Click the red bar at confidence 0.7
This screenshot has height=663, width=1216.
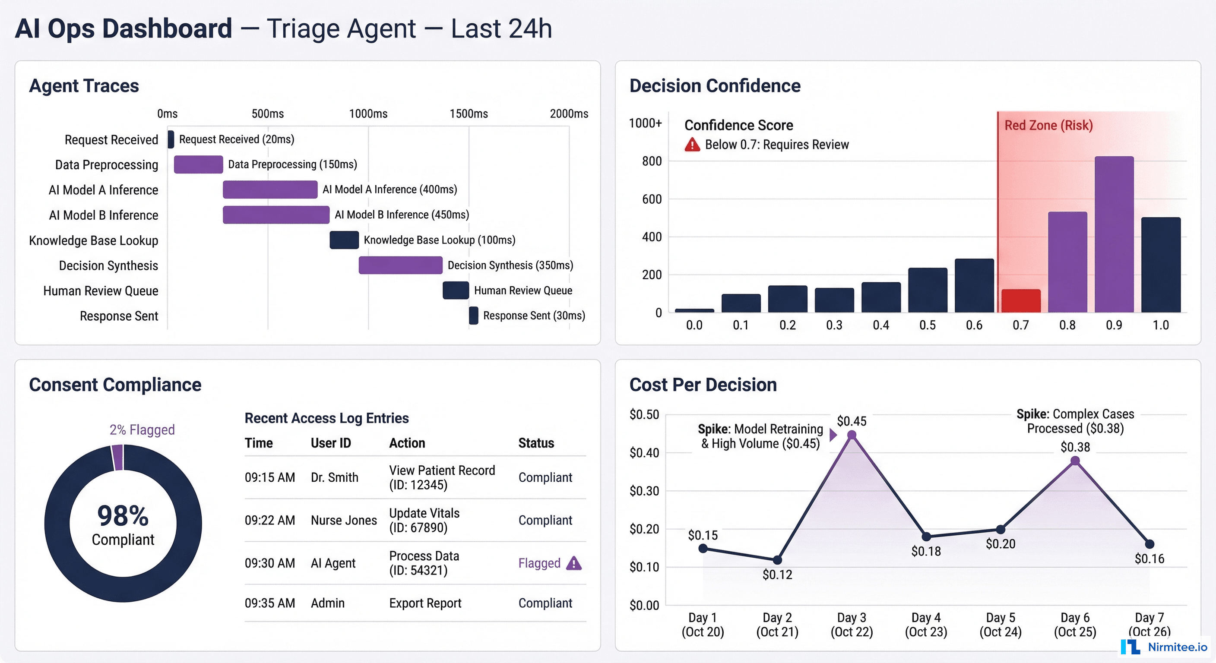1020,300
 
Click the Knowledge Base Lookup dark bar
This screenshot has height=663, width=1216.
344,240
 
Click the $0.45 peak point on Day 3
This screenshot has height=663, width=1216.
852,435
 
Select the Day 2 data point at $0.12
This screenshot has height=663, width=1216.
777,560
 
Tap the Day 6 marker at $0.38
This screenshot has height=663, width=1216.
1075,461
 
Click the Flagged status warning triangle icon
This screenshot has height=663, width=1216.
573,563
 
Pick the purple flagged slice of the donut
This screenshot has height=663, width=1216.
117,457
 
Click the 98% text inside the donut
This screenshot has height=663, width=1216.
123,516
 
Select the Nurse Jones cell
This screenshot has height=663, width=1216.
344,521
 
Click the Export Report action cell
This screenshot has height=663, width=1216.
425,603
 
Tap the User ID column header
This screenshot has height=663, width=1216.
330,443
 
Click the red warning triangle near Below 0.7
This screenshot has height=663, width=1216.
692,145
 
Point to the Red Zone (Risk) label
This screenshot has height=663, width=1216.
1048,126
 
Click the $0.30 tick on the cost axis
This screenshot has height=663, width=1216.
644,491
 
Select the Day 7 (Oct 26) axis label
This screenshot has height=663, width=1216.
1149,624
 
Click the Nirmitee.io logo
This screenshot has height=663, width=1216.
1164,647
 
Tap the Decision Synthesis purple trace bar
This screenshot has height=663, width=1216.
400,265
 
